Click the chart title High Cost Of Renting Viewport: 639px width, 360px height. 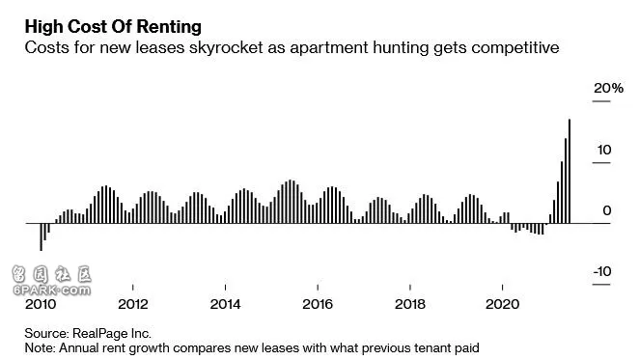[113, 27]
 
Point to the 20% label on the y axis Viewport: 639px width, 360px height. [608, 88]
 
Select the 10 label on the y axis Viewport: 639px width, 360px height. [604, 150]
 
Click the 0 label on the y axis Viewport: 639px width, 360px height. [607, 210]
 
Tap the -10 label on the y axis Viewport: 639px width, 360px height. [602, 271]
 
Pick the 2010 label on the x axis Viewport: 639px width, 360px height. [41, 304]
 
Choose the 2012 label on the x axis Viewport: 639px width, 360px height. [133, 304]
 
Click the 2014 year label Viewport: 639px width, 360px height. [225, 304]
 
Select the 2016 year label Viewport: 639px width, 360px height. [318, 304]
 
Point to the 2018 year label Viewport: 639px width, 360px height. [410, 304]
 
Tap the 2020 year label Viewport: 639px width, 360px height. [503, 304]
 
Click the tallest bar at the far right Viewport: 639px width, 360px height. [570, 171]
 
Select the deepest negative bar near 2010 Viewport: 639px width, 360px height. [41, 236]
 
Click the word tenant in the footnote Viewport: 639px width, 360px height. [432, 348]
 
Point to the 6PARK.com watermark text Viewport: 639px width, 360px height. [52, 291]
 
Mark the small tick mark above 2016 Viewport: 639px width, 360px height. [318, 288]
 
